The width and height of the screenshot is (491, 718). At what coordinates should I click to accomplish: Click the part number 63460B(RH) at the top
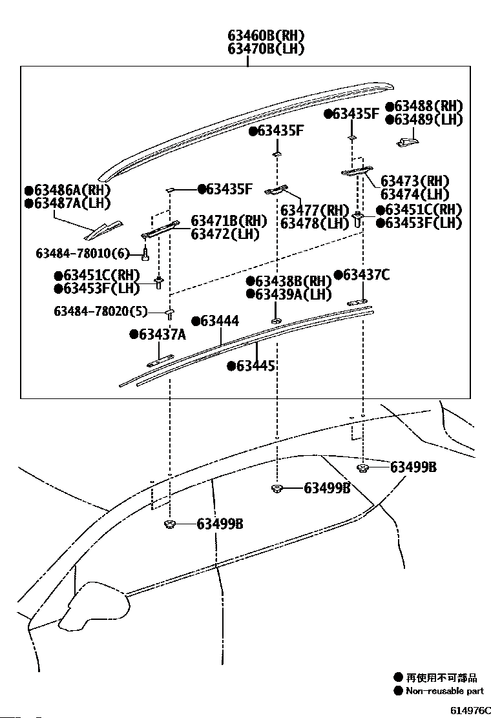[x=266, y=36]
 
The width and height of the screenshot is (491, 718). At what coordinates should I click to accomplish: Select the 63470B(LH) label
[x=266, y=48]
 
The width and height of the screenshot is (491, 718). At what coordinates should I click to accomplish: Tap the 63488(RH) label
[x=428, y=107]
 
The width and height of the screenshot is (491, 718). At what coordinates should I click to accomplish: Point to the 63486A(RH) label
[x=72, y=190]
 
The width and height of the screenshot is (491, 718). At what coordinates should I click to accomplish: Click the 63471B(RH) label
[x=229, y=221]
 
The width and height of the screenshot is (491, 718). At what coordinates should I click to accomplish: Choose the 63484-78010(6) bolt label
[x=83, y=253]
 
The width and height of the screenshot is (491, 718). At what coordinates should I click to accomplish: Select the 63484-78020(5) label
[x=101, y=311]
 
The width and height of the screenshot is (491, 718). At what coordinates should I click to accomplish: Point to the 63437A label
[x=162, y=334]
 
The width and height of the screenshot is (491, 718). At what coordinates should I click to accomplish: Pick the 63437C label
[x=366, y=275]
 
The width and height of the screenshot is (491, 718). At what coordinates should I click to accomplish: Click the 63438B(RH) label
[x=293, y=281]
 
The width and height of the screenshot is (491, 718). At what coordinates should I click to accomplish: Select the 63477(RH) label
[x=315, y=210]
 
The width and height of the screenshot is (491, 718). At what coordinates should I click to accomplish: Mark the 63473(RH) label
[x=415, y=181]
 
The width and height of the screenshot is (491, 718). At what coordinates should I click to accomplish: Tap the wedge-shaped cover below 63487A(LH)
[x=103, y=231]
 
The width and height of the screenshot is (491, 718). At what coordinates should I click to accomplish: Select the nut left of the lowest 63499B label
[x=171, y=524]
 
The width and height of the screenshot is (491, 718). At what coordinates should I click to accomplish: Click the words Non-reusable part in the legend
[x=444, y=690]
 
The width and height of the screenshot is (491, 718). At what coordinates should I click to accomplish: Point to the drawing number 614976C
[x=470, y=710]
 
